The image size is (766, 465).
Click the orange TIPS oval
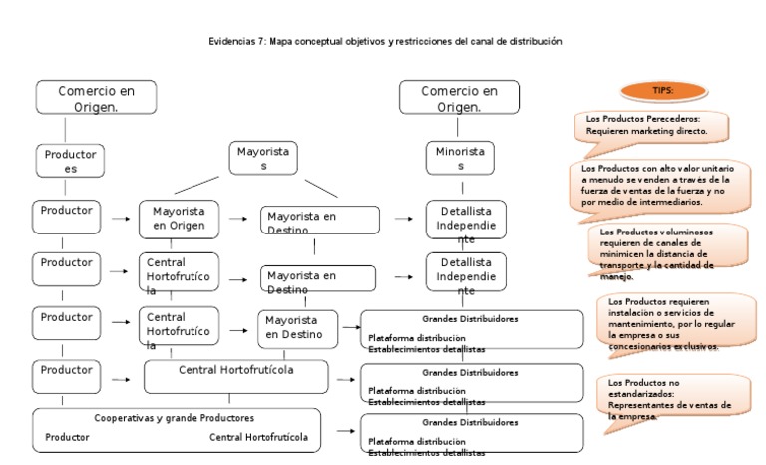click(x=663, y=91)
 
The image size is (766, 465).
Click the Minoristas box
click(x=460, y=159)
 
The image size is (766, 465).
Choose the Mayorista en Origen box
click(x=179, y=219)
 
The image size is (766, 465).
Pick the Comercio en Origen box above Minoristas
click(x=460, y=98)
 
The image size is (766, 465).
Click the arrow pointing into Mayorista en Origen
click(x=121, y=218)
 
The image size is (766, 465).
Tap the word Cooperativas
click(x=125, y=418)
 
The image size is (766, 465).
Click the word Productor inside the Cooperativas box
click(x=68, y=437)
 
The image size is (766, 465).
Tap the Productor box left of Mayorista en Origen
click(x=68, y=213)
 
